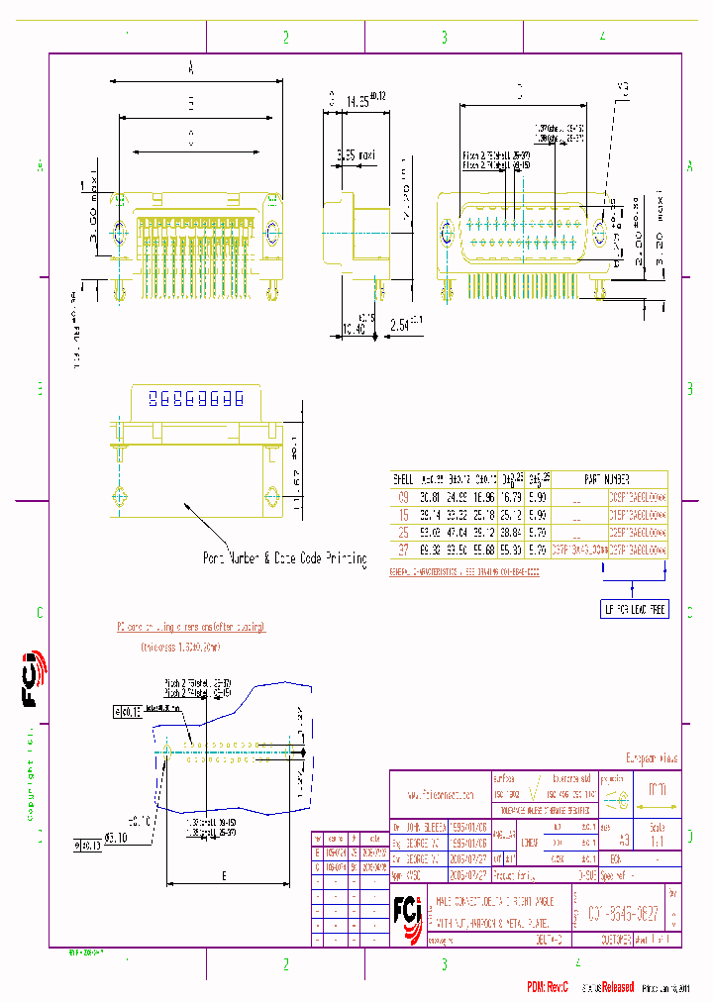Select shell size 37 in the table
point(403,550)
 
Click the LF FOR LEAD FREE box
point(635,609)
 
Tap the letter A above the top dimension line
point(190,67)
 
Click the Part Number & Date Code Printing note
point(284,558)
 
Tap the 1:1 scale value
point(656,839)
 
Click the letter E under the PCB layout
point(226,875)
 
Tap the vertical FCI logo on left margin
point(30,679)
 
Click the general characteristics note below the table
point(463,572)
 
